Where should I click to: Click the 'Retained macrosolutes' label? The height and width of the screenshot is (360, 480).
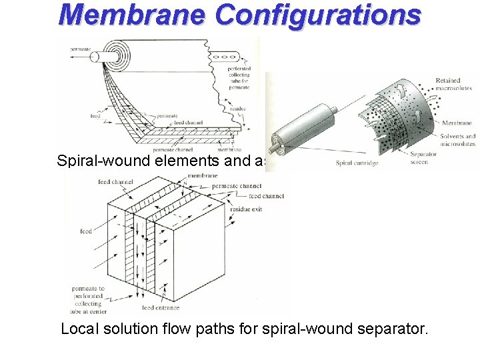click(453, 84)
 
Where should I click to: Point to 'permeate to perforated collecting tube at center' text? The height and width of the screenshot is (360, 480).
click(93, 299)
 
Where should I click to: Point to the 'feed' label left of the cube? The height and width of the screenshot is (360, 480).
click(86, 231)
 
